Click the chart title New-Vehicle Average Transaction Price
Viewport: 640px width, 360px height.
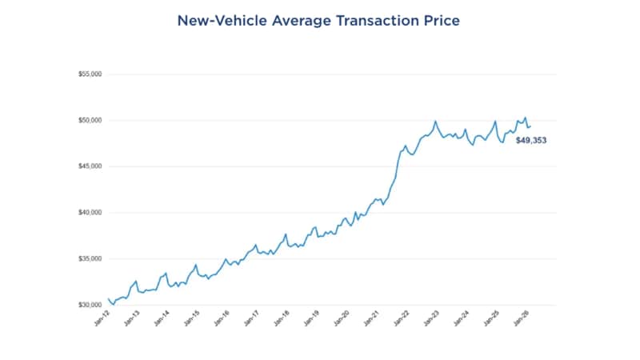tap(320, 21)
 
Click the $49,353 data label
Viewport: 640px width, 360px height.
tap(530, 140)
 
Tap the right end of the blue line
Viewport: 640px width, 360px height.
tap(531, 126)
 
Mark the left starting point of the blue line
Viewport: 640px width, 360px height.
tap(108, 298)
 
